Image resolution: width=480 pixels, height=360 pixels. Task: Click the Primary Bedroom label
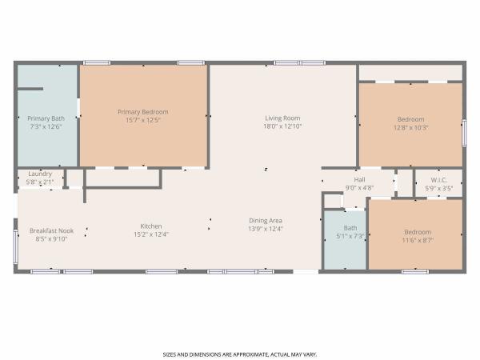(143, 112)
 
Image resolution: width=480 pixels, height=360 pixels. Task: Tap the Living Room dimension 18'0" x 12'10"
(282, 126)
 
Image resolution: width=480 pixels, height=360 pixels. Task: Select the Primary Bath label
(46, 118)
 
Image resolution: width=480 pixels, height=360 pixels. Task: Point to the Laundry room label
(40, 174)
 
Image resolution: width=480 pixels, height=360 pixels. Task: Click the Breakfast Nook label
(51, 230)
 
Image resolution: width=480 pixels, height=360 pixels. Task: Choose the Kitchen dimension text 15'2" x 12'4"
(151, 234)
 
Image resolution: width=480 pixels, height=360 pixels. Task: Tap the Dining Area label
(266, 221)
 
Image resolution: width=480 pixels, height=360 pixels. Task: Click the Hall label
(359, 180)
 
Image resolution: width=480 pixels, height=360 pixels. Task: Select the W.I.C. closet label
(438, 180)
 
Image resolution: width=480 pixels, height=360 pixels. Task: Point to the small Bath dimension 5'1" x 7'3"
(350, 236)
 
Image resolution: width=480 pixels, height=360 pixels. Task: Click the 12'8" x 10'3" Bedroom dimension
(411, 127)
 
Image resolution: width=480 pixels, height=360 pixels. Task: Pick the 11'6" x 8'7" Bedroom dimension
(418, 240)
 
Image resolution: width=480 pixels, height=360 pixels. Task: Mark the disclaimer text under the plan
(240, 354)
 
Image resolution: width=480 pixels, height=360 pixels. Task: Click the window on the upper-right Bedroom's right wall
(464, 133)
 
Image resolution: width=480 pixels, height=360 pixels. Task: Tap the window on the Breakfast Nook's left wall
(15, 247)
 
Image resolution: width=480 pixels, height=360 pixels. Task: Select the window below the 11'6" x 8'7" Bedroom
(415, 271)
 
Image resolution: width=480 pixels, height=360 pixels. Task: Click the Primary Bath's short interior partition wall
(30, 89)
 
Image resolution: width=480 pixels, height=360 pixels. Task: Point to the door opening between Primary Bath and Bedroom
(78, 108)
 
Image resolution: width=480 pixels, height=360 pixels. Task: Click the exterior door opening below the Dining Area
(306, 271)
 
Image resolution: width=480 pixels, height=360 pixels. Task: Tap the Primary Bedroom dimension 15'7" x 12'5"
(143, 120)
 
